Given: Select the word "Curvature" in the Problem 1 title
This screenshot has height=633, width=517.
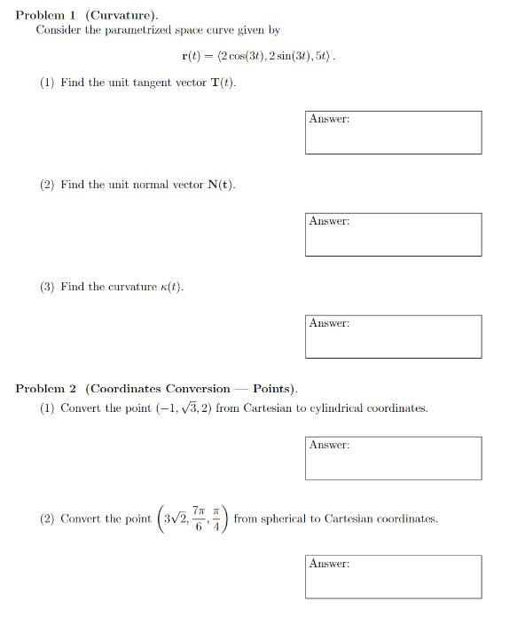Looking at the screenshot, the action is click(x=122, y=16).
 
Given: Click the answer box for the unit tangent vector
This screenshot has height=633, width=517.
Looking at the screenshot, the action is click(x=393, y=132).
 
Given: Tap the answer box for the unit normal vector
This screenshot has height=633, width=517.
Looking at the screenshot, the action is click(x=393, y=234).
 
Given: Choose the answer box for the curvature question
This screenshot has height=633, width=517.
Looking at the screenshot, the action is click(x=393, y=336).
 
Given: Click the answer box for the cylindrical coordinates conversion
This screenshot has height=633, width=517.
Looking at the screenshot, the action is click(x=393, y=458).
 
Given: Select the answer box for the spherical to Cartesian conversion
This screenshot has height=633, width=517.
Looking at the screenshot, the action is click(x=393, y=576).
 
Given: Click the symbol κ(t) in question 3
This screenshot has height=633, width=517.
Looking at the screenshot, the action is click(x=170, y=287).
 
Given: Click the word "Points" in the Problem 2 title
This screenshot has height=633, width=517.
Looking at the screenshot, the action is click(x=273, y=389).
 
